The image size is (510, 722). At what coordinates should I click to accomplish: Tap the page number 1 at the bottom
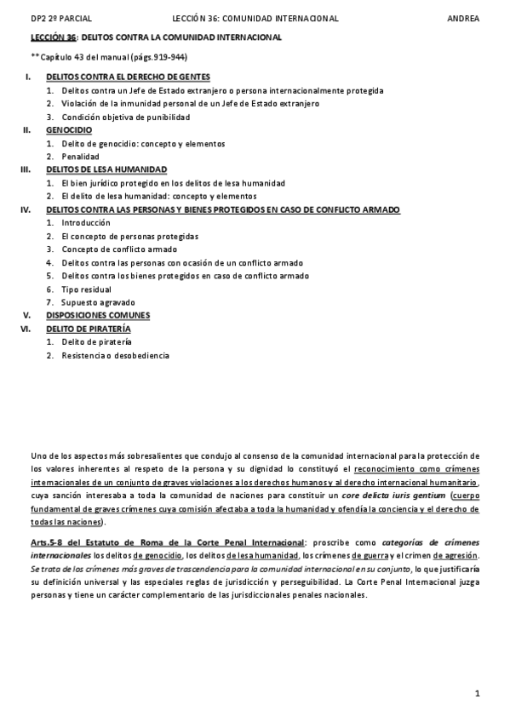478,693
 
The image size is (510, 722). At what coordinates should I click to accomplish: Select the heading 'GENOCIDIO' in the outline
69,130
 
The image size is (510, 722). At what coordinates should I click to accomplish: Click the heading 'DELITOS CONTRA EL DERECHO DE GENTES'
128,77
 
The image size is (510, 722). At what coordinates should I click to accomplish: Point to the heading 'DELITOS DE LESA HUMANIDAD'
106,169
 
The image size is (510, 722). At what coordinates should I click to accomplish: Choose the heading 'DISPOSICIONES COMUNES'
98,315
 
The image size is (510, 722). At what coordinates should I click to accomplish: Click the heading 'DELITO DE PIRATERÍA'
89,328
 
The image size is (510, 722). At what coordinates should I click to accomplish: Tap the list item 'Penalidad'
80,157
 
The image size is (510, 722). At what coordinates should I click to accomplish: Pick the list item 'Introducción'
86,222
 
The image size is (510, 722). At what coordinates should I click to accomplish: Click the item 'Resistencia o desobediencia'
115,354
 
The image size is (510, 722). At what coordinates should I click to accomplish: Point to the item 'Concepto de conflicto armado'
119,249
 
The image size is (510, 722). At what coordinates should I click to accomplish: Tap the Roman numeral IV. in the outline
26,209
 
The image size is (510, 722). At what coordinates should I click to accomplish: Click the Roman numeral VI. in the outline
26,328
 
